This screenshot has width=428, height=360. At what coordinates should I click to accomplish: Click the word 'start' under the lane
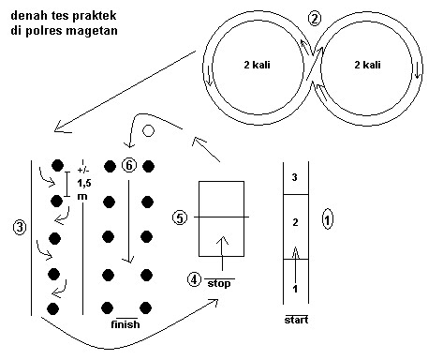click(296, 320)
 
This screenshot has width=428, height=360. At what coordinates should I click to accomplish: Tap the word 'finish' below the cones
click(125, 324)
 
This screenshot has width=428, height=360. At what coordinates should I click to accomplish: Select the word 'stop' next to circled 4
click(219, 284)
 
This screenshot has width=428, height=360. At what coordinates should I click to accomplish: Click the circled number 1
click(327, 219)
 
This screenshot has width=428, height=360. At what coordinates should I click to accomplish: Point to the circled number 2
click(315, 19)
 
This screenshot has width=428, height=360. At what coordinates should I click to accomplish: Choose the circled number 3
click(20, 227)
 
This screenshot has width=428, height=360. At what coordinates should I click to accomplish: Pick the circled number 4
click(194, 279)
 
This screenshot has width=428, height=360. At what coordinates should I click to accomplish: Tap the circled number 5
click(180, 217)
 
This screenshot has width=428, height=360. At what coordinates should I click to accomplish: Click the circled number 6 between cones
click(129, 165)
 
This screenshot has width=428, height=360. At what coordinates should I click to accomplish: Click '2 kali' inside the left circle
click(257, 65)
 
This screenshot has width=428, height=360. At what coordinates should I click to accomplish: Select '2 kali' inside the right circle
click(367, 65)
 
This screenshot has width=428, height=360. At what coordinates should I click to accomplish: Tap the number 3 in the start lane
click(294, 177)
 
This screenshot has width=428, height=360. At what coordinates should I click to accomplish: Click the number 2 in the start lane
click(295, 222)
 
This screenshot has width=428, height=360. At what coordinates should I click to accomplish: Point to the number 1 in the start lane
click(295, 289)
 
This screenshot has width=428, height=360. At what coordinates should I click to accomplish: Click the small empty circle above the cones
click(148, 130)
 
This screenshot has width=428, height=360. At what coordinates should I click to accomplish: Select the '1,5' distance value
click(84, 183)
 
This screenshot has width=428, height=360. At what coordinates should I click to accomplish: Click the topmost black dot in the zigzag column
click(57, 165)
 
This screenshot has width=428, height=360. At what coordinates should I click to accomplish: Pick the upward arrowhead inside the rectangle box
click(222, 240)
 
